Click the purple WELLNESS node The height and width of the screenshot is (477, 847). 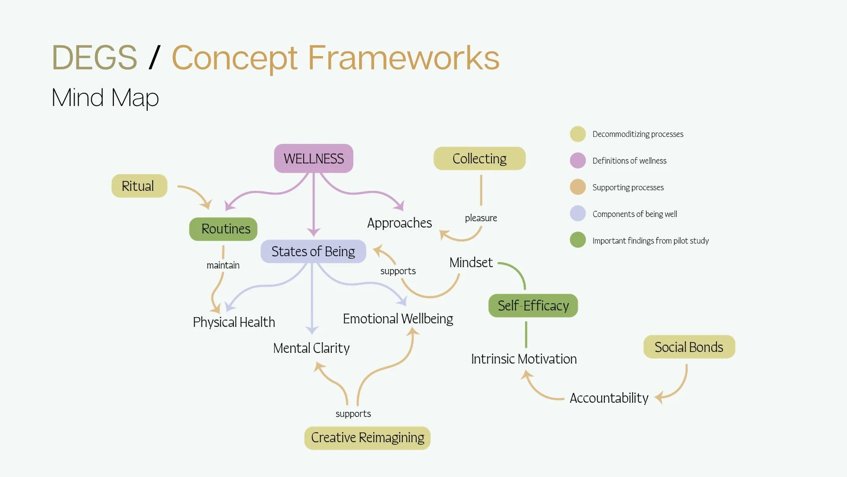pyautogui.click(x=314, y=158)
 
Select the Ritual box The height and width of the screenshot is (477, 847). pyautogui.click(x=139, y=186)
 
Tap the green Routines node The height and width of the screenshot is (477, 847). pyautogui.click(x=223, y=229)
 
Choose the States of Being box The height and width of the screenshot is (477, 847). pyautogui.click(x=313, y=251)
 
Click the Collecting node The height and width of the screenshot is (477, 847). pyautogui.click(x=480, y=159)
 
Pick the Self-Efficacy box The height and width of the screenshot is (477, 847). pyautogui.click(x=533, y=306)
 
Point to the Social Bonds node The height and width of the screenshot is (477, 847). pyautogui.click(x=689, y=347)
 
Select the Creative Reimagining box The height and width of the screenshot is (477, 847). pyautogui.click(x=367, y=438)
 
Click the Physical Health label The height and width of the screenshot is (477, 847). pyautogui.click(x=234, y=322)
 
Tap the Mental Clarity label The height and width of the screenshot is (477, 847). pyautogui.click(x=311, y=348)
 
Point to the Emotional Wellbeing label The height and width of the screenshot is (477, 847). pyautogui.click(x=398, y=319)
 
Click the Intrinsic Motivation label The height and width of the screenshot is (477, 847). pyautogui.click(x=524, y=359)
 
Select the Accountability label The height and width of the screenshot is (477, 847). pyautogui.click(x=609, y=398)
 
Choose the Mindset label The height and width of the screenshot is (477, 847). pyautogui.click(x=471, y=262)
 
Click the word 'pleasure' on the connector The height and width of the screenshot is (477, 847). pyautogui.click(x=481, y=218)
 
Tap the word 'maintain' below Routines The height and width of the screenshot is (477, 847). pyautogui.click(x=223, y=265)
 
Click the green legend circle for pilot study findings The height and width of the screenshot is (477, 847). pyautogui.click(x=578, y=240)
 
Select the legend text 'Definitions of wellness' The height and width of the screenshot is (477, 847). pyautogui.click(x=630, y=161)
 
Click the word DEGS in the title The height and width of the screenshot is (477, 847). pyautogui.click(x=94, y=57)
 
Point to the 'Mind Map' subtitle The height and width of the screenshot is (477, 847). pyautogui.click(x=105, y=98)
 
